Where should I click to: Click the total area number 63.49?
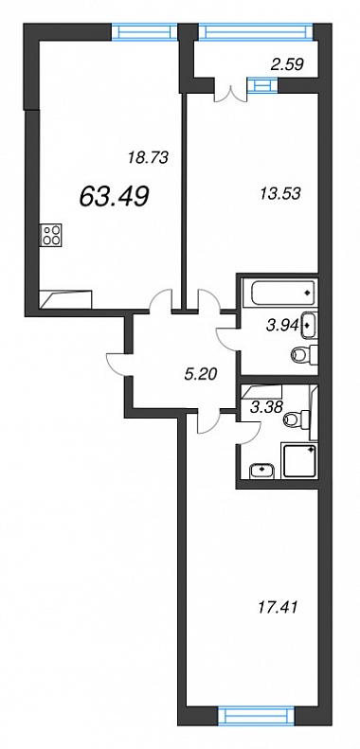pos(115,196)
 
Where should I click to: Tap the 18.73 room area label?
pos(148,157)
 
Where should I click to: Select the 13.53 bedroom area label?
pos(279,194)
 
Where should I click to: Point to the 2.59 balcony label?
pos(288,64)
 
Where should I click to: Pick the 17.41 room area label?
pos(278,608)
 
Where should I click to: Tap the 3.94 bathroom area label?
pos(283,327)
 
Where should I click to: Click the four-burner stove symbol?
pos(52,235)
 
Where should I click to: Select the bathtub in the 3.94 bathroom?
pos(279,293)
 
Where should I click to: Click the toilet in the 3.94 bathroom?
pos(305,355)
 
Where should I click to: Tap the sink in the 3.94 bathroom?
pos(309,325)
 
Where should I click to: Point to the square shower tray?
pos(300,460)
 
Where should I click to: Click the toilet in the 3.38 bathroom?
pos(297,419)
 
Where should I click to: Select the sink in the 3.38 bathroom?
pos(262,471)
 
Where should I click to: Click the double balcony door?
pos(231,93)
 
